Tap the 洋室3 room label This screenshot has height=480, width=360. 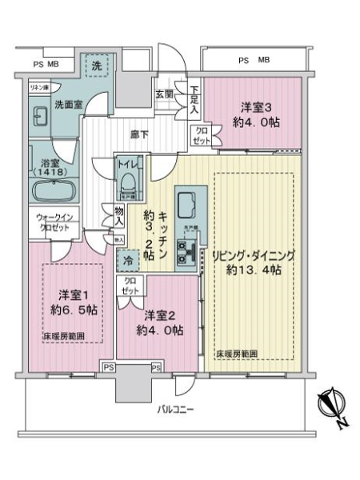click(x=250, y=108)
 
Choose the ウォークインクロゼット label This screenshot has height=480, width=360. click(x=53, y=222)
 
